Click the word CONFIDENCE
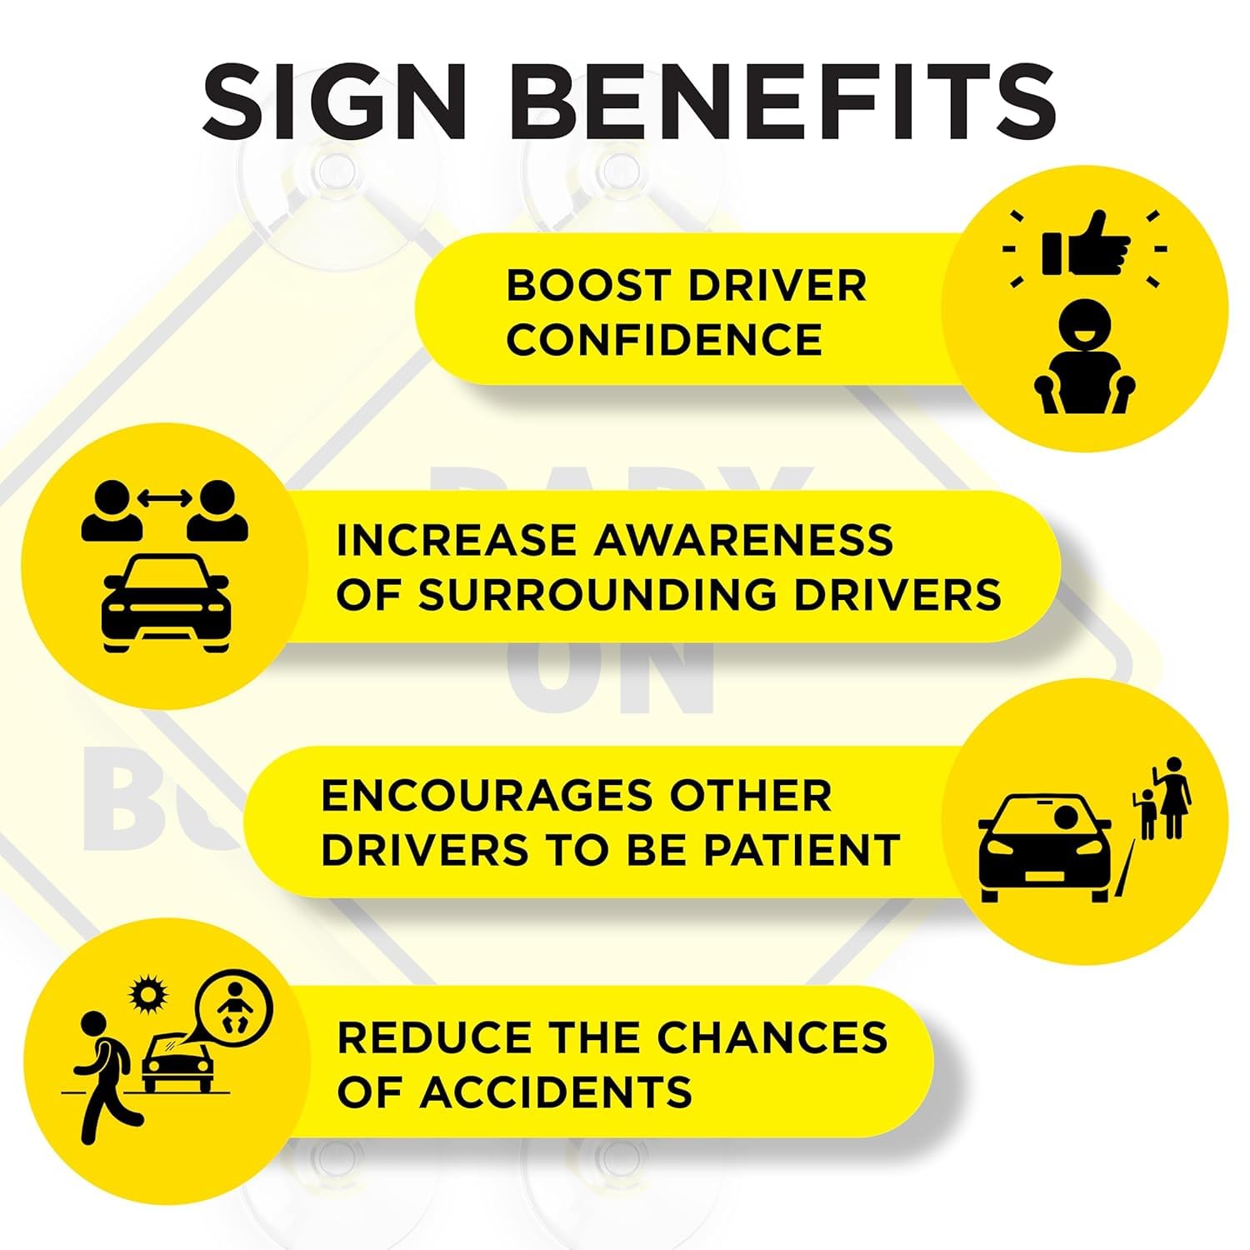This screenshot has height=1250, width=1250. (664, 340)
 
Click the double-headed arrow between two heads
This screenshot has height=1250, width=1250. (165, 498)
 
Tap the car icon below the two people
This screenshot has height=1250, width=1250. (165, 602)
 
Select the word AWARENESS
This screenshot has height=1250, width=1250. (743, 540)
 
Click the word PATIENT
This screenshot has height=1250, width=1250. (802, 851)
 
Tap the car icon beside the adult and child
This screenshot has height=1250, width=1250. (1045, 848)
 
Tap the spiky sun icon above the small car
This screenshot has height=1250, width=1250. (149, 994)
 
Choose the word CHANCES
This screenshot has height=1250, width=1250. (772, 1038)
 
